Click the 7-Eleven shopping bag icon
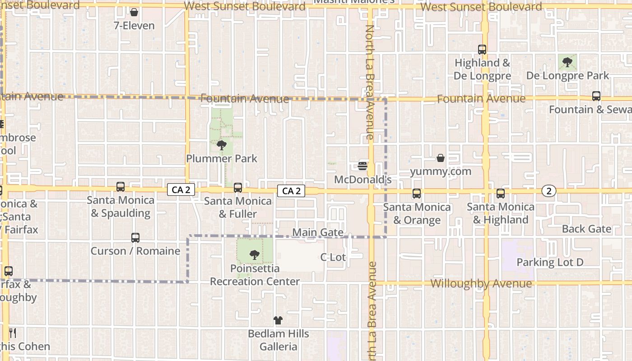click(134, 12)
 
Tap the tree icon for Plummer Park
click(221, 145)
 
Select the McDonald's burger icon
click(362, 166)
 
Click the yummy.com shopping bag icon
click(441, 158)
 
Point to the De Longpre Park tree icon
click(567, 62)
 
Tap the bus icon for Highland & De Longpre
click(482, 50)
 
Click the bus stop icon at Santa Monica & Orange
click(417, 194)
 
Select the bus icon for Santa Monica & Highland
click(501, 194)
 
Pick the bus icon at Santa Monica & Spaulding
click(121, 187)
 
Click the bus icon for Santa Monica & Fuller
click(238, 187)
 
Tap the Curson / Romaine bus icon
click(135, 238)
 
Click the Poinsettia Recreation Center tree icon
click(255, 255)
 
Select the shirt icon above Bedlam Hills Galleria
click(278, 320)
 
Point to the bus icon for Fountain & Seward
click(596, 96)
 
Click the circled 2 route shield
click(549, 191)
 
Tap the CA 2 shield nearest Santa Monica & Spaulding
click(181, 190)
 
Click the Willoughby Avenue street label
click(481, 284)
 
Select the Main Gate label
click(318, 232)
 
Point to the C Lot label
click(333, 257)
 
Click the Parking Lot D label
click(550, 262)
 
